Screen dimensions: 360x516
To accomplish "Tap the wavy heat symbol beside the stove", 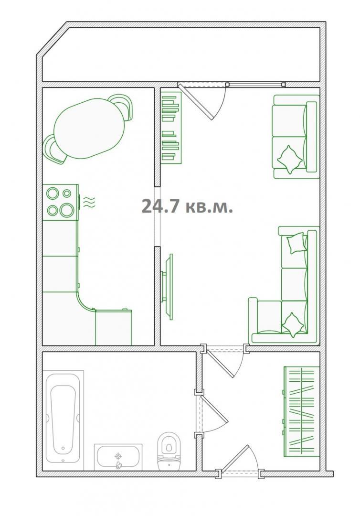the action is tap(89, 202).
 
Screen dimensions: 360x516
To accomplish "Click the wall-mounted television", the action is tap(167, 287).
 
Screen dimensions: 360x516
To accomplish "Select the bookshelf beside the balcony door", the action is tap(171, 128).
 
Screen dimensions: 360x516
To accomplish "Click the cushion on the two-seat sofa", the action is tap(290, 159).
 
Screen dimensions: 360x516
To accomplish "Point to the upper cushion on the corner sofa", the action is tap(296, 243).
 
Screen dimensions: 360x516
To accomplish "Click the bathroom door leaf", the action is tap(215, 410).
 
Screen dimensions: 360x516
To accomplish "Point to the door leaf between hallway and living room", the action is tap(220, 364).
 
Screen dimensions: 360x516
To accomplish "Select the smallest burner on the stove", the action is tap(67, 193).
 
